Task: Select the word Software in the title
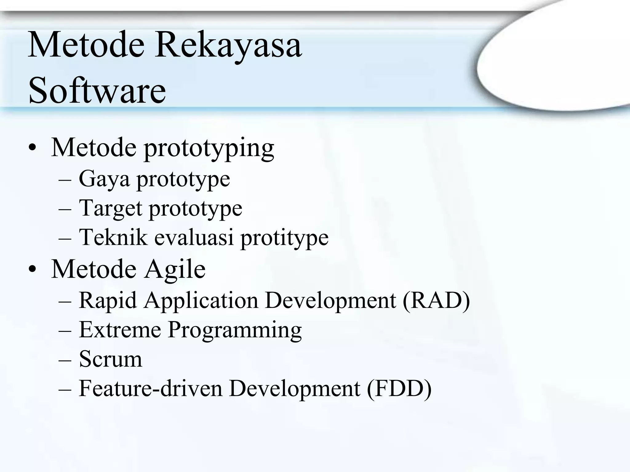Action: click(97, 91)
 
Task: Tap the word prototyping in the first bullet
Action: click(209, 148)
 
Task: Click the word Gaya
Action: click(104, 179)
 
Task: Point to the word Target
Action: click(110, 208)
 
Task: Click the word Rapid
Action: click(108, 300)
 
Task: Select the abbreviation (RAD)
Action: click(436, 300)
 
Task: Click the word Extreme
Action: click(120, 329)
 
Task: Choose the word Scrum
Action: click(110, 359)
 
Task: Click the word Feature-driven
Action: click(150, 388)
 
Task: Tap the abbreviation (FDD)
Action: click(399, 388)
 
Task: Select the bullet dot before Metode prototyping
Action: click(32, 148)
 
